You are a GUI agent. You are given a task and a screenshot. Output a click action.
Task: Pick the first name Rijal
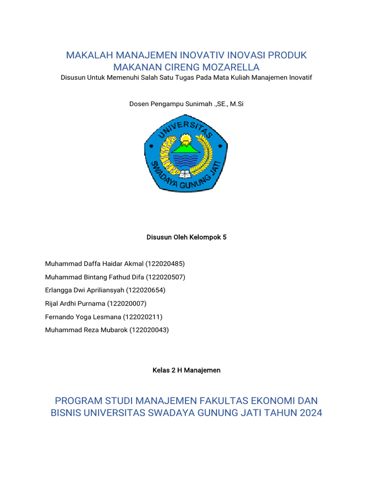52,303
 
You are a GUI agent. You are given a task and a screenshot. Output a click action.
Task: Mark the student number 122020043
150,330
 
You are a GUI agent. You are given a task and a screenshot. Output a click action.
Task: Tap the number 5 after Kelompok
224,237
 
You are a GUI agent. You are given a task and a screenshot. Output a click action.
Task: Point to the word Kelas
161,370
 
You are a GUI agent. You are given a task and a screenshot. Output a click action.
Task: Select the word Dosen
138,104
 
